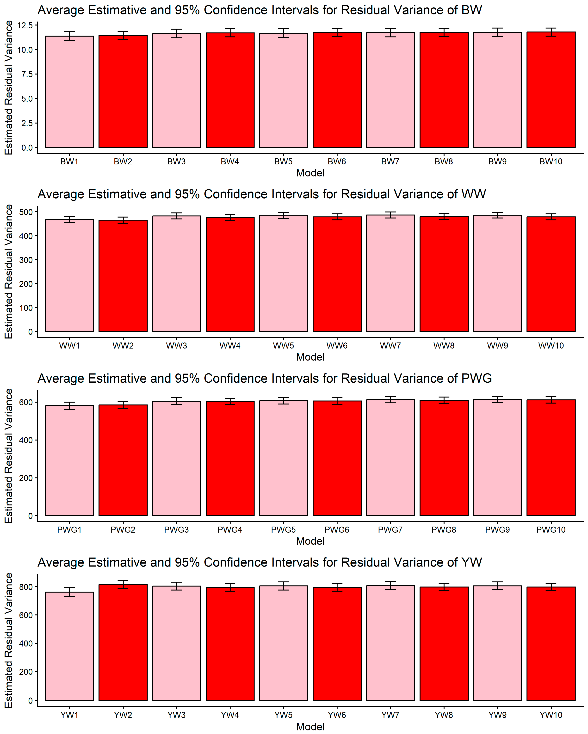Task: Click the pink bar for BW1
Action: pos(69,92)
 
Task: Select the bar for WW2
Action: pos(123,276)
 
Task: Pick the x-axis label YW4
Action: pos(230,715)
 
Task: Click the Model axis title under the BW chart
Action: pos(310,173)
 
